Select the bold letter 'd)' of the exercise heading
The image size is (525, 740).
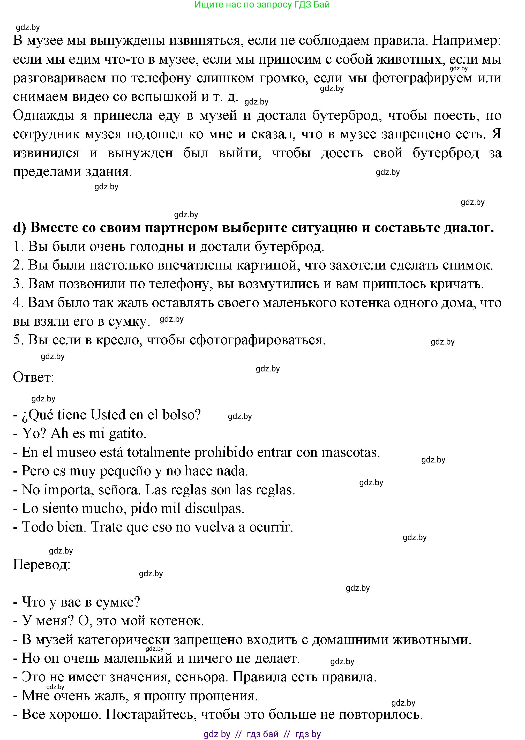(x=19, y=228)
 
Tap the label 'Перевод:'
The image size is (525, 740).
(x=41, y=565)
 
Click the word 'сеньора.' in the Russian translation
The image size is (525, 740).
(x=202, y=677)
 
